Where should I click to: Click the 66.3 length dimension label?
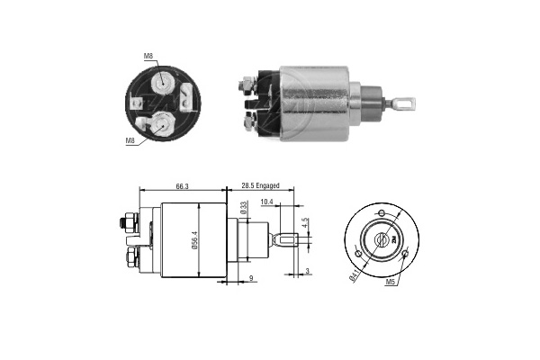[x=182, y=186]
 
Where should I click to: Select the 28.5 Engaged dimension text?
[x=260, y=185]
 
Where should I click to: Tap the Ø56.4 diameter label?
[x=194, y=240]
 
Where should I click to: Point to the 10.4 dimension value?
[x=266, y=202]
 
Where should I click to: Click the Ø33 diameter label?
[x=244, y=208]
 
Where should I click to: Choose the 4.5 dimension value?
[x=305, y=222]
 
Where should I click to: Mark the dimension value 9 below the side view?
[x=251, y=278]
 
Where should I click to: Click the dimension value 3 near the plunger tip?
[x=307, y=272]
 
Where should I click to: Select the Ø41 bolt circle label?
[x=354, y=275]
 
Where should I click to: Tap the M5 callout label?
[x=390, y=282]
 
